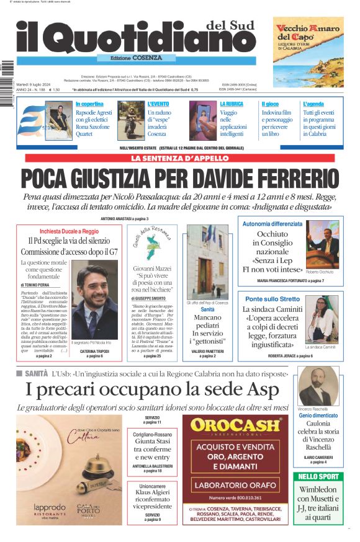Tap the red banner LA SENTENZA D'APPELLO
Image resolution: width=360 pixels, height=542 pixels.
pos(179,158)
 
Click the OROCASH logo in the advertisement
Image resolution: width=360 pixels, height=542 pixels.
pos(235,426)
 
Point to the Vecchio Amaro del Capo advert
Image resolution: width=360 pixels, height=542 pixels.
pos(308,51)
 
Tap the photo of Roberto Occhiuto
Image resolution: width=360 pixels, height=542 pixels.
pos(322,244)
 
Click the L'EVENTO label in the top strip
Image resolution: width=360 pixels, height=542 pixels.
pos(158,104)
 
